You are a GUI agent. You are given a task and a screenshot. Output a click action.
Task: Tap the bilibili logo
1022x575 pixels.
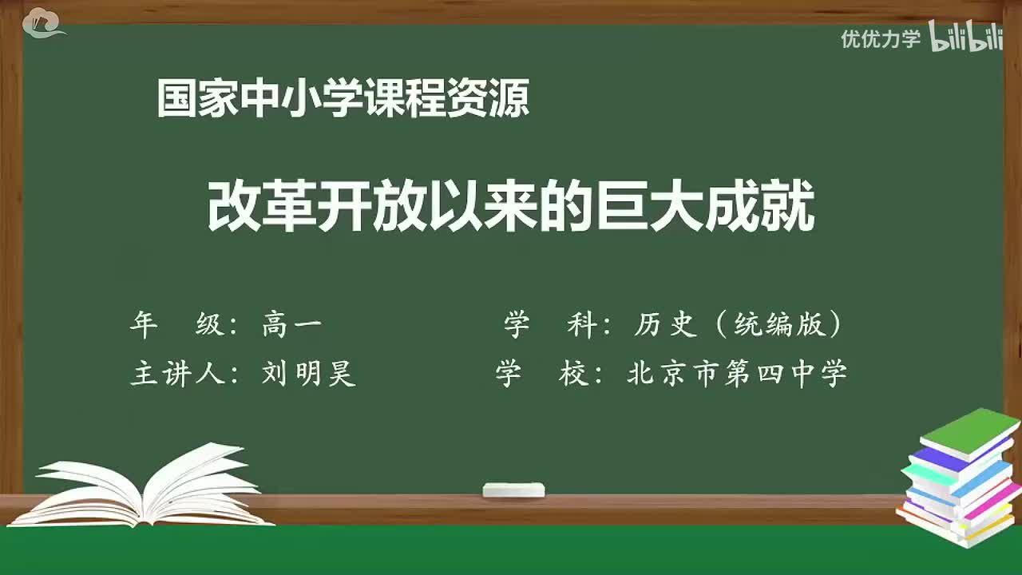click(966, 38)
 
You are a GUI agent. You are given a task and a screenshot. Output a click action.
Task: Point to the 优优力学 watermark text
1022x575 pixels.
click(881, 38)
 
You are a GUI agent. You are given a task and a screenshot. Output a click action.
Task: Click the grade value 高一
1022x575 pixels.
click(291, 324)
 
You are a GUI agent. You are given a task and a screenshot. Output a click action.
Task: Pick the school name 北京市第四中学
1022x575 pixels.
click(736, 373)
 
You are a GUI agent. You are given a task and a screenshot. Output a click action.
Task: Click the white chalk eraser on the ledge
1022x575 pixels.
click(513, 490)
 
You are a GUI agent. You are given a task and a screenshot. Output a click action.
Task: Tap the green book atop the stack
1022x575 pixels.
click(969, 432)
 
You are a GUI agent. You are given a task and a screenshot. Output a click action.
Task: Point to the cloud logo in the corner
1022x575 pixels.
click(43, 22)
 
